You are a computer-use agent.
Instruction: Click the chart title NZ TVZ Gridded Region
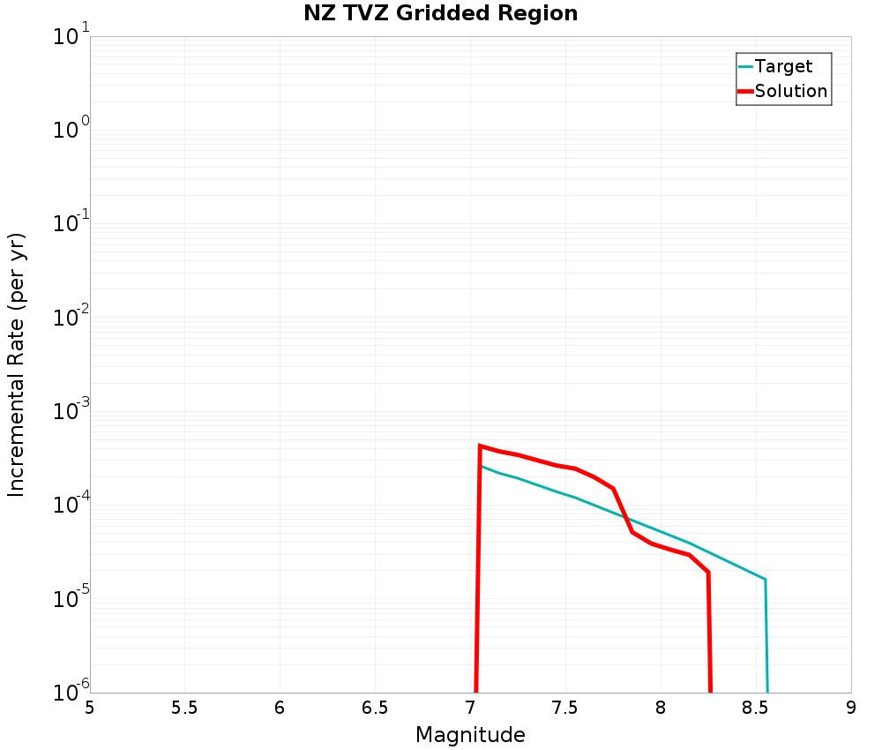[x=441, y=14]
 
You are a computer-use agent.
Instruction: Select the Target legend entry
[x=783, y=66]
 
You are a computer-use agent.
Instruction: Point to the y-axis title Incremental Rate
[x=17, y=364]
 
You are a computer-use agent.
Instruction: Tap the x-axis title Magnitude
[x=470, y=735]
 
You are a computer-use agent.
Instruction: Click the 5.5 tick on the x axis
[x=184, y=708]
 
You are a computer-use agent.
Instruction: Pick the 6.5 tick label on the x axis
[x=375, y=708]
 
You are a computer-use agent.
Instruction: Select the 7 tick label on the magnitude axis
[x=470, y=708]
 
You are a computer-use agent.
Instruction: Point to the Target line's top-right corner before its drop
[x=765, y=580]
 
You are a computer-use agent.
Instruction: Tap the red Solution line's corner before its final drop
[x=708, y=573]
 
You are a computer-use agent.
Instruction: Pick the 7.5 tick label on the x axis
[x=565, y=708]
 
